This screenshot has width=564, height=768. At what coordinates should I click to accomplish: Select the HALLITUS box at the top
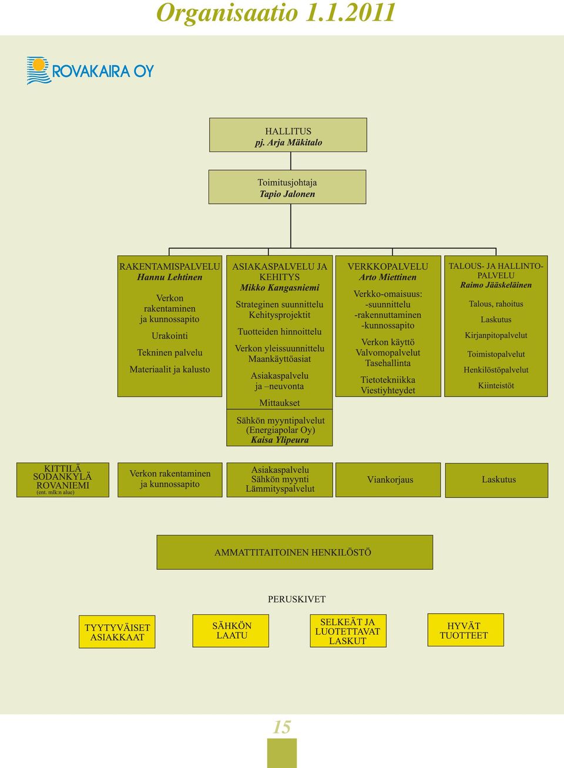click(288, 135)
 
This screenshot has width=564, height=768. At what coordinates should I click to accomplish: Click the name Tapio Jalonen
click(287, 194)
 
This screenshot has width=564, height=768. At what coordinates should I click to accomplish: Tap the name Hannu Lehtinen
click(170, 277)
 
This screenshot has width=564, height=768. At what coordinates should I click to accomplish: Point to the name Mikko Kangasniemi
click(280, 287)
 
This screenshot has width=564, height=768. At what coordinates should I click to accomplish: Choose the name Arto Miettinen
click(388, 277)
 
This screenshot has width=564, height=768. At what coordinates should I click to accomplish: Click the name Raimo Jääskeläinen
click(496, 285)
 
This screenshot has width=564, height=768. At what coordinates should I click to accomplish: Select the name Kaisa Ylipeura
click(280, 440)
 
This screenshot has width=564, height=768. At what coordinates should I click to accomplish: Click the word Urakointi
click(170, 336)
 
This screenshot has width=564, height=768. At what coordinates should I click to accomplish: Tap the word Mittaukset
click(280, 403)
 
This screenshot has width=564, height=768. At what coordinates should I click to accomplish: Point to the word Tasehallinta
click(388, 363)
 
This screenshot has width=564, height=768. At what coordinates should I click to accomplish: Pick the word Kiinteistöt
click(496, 385)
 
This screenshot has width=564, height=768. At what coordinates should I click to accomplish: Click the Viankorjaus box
click(388, 480)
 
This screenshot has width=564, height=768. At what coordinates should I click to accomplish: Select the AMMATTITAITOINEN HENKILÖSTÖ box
click(294, 552)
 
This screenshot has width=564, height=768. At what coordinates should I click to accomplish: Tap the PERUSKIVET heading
click(297, 599)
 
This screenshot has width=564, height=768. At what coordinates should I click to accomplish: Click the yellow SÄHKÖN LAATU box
click(231, 631)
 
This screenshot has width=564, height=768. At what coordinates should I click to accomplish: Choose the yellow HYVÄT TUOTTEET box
click(465, 630)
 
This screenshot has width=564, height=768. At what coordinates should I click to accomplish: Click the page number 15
click(282, 727)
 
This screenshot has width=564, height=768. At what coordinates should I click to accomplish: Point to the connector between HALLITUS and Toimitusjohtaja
click(291, 161)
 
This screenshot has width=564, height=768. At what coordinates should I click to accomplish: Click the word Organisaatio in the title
click(227, 13)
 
